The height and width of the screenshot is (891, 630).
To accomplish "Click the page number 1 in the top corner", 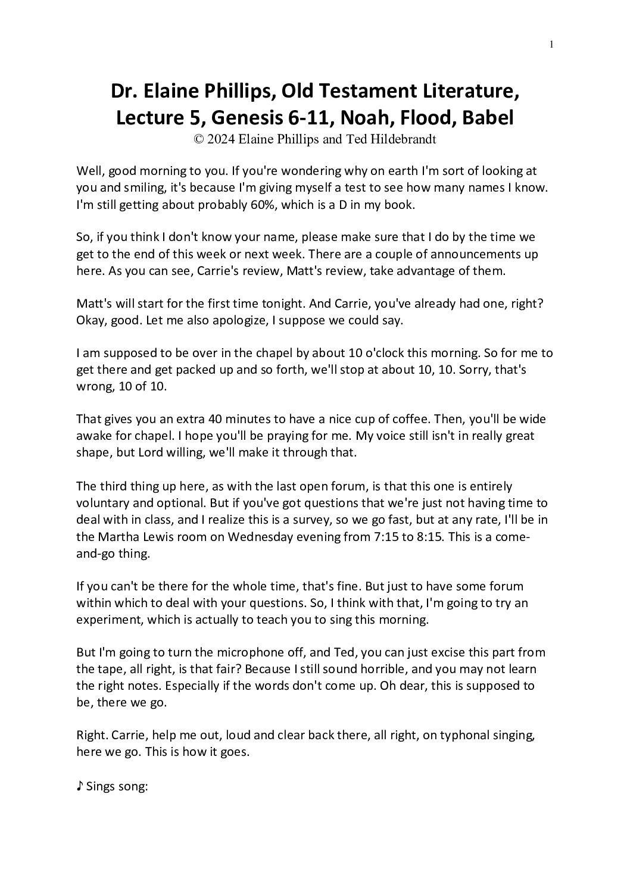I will point(552,43).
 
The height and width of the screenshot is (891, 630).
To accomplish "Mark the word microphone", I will point(232,652).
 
